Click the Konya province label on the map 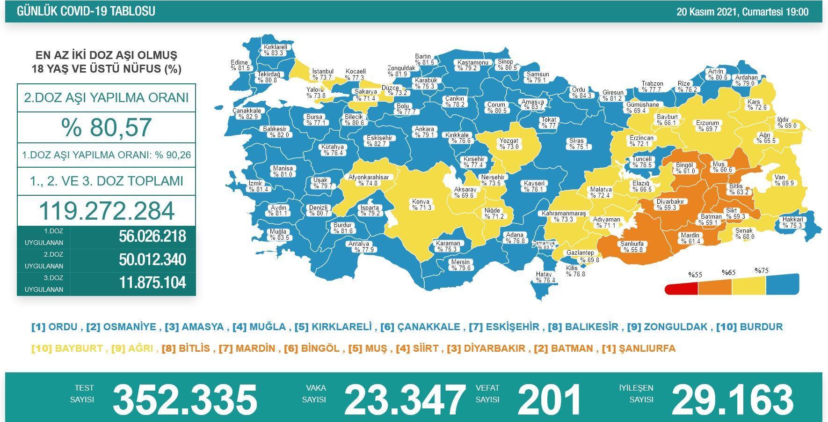pos(421,205)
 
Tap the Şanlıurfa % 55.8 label pos(632,246)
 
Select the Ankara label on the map pos(424,132)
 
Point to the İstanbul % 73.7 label pos(322,74)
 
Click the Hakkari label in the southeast pos(792,222)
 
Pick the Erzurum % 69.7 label pos(707,126)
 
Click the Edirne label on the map pos(240,65)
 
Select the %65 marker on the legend pos(728,272)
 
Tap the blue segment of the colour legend pos(782,284)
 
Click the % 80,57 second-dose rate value pos(106,127)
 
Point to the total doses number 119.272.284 pos(107,211)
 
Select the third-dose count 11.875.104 pos(153,283)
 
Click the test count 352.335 pos(185,400)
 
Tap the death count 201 pos(549,400)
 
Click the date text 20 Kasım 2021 pos(708,12)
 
